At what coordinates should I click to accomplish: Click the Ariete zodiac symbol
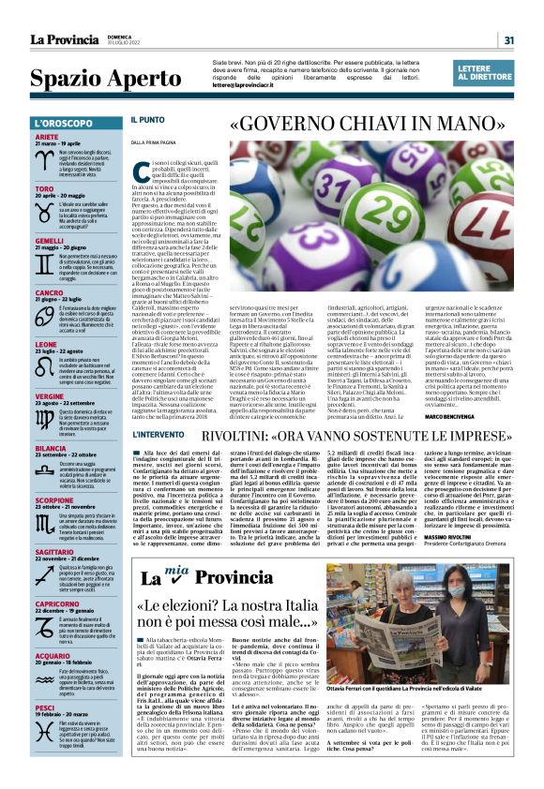tap(43, 157)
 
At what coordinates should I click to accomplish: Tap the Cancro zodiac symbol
tap(43, 310)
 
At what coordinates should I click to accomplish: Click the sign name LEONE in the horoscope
tap(46, 344)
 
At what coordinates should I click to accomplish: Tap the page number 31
tap(508, 39)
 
